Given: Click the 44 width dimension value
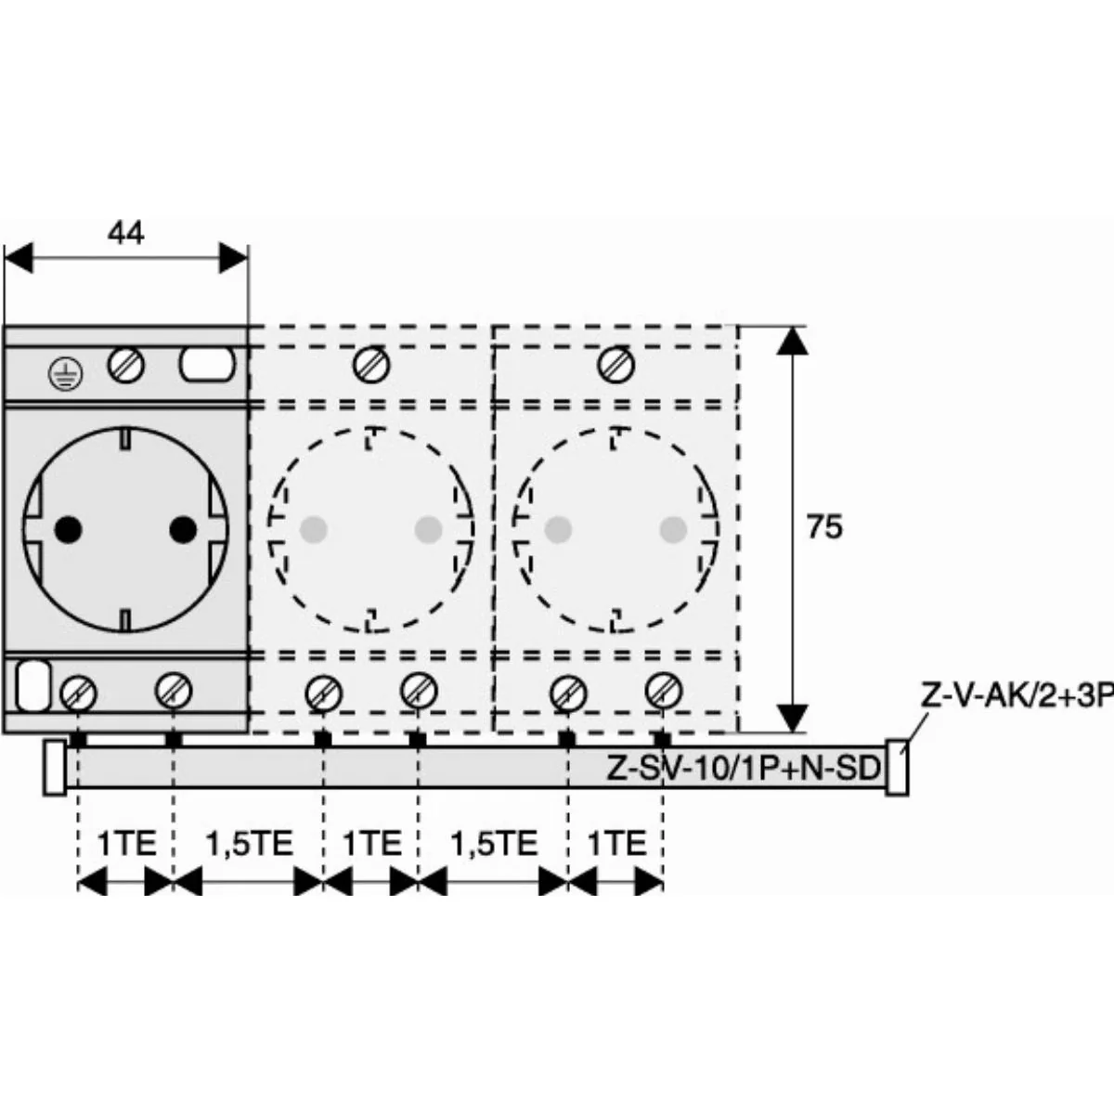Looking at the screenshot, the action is (126, 233).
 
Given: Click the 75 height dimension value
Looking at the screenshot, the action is (825, 527).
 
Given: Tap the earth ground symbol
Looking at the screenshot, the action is (65, 374).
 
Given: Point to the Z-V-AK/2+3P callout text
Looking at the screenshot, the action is (1017, 697).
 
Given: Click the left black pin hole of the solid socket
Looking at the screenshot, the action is (68, 528).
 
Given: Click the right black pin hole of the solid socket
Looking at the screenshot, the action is (183, 528).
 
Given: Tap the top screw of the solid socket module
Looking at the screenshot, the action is (126, 365).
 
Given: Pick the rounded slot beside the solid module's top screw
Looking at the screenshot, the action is (208, 365).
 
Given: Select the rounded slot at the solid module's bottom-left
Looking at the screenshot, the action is (32, 686).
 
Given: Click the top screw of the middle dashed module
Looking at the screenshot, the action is (371, 365).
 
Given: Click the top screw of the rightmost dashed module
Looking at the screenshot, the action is (616, 365).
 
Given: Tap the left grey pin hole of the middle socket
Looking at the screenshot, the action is (314, 529).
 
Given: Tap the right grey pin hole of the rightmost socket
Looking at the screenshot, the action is (673, 529).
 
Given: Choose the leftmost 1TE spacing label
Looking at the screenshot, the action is (126, 843).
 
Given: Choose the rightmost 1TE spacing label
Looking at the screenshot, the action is (616, 843).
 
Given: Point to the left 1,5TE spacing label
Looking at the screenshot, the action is (249, 843).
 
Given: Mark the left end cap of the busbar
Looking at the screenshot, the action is (55, 768).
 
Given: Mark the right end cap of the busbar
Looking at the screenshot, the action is (897, 768).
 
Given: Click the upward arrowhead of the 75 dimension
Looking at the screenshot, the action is (792, 341).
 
